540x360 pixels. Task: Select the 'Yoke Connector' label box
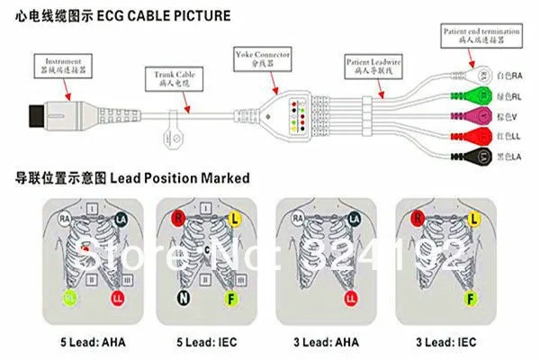click(261, 58)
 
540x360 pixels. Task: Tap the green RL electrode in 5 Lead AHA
click(68, 297)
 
